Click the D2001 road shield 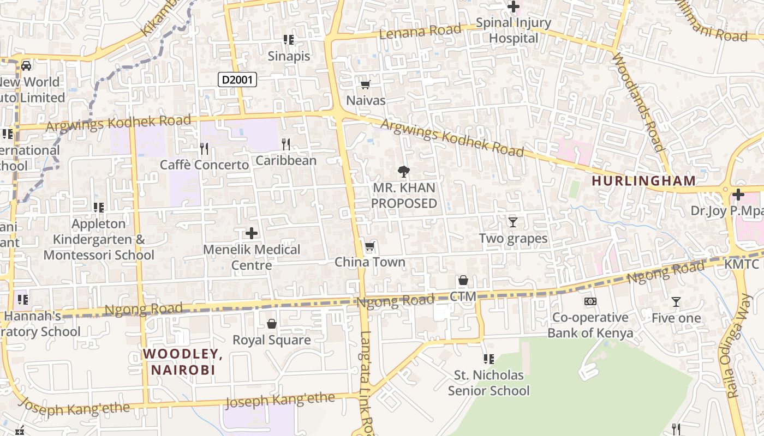coord(237,80)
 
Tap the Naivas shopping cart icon coord(366,84)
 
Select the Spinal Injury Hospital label coord(514,31)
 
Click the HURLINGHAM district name coord(644,180)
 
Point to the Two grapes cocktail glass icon coord(513,222)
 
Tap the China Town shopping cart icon coord(370,246)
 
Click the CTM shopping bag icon coord(463,280)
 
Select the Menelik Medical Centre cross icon coord(252,233)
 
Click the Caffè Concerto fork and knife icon coord(204,148)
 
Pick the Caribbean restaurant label coord(286,160)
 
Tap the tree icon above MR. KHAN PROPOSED coord(404,171)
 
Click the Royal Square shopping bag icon coord(272,324)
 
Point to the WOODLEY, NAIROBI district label coord(183,361)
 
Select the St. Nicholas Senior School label coord(489,383)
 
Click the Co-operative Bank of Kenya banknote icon coord(590,301)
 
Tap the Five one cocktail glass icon coord(676,301)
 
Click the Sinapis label coord(289,56)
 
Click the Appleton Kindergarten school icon coord(98,207)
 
